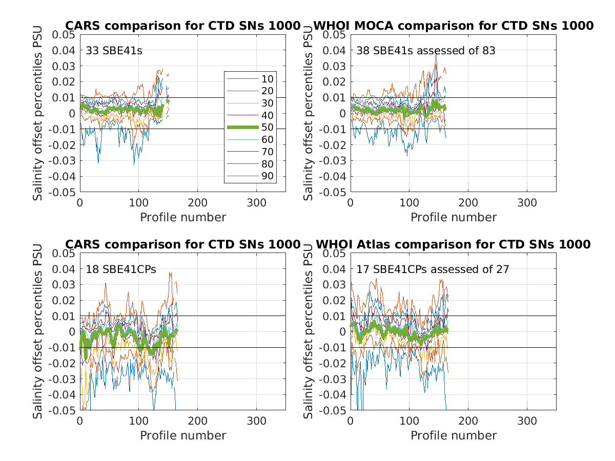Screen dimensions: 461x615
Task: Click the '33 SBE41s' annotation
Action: [110, 51]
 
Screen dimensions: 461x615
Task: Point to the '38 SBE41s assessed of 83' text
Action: [426, 51]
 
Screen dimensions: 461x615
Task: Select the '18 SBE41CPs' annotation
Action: [121, 269]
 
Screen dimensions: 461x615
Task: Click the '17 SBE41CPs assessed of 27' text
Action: [433, 269]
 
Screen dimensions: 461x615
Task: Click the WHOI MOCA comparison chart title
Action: [454, 26]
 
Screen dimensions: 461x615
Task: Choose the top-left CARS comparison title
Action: [182, 26]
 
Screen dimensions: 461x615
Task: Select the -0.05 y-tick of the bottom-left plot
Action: [62, 410]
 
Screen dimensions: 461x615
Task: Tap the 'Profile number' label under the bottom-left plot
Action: [183, 435]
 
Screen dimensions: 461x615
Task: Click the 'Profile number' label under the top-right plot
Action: [454, 217]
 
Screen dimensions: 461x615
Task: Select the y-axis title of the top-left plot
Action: [38, 113]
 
